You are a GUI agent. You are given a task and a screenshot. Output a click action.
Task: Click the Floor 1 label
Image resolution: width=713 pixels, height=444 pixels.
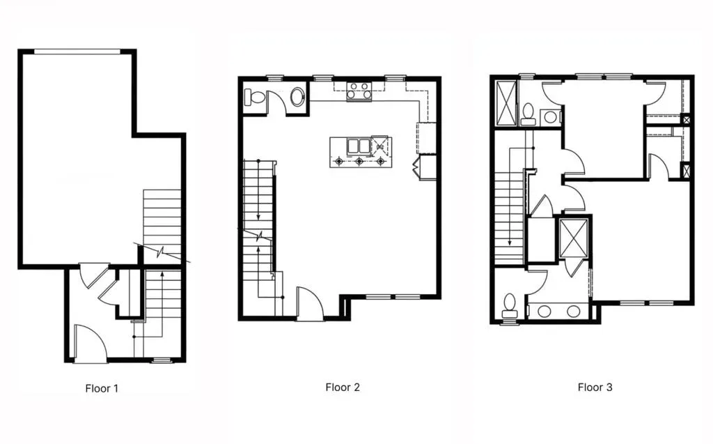[x=102, y=388]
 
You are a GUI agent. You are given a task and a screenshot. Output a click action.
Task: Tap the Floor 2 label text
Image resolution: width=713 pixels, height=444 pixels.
[x=343, y=387]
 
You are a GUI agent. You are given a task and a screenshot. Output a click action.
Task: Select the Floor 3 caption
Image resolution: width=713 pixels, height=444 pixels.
[x=595, y=387]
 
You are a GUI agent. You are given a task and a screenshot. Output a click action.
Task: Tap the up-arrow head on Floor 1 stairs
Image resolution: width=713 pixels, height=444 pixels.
[x=162, y=274]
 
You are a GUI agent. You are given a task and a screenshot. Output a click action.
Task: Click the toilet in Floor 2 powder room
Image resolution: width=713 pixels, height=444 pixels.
[x=255, y=98]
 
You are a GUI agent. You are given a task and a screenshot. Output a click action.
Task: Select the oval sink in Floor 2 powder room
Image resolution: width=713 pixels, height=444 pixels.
[x=297, y=97]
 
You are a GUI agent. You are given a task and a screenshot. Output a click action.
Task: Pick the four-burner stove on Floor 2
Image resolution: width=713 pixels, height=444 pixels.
[x=359, y=91]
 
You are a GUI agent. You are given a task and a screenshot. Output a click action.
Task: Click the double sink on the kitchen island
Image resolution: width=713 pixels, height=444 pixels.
[x=359, y=146]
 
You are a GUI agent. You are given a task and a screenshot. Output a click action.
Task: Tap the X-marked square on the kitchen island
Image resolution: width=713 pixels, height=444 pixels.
[x=380, y=145]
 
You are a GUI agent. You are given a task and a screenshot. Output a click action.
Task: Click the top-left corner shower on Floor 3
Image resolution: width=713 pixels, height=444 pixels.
[x=506, y=103]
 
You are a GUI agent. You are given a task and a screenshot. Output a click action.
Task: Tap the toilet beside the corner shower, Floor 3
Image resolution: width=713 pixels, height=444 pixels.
[x=528, y=114]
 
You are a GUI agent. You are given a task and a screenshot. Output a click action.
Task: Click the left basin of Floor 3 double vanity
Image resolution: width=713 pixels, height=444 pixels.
[x=544, y=312]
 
